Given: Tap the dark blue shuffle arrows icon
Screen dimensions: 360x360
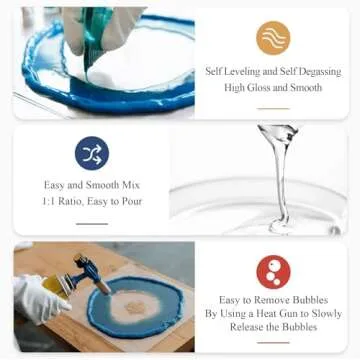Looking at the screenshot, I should pyautogui.click(x=91, y=153).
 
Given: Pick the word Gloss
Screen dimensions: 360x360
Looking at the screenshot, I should pyautogui.click(x=262, y=88).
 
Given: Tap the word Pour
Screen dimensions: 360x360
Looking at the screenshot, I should pyautogui.click(x=131, y=201).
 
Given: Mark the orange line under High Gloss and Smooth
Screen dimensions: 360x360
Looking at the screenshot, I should pyautogui.click(x=273, y=107).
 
